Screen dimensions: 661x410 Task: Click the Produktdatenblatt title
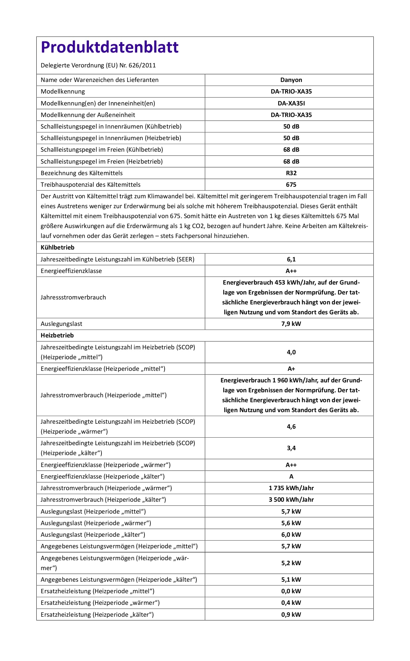click(x=109, y=47)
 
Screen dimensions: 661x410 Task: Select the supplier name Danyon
click(x=291, y=80)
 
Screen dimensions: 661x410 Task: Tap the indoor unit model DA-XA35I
click(x=291, y=103)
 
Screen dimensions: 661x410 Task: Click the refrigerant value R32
click(x=291, y=173)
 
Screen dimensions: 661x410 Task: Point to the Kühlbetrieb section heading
click(x=58, y=248)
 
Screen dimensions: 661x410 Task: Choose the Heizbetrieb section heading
click(x=57, y=335)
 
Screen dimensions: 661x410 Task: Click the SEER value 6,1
click(x=291, y=259)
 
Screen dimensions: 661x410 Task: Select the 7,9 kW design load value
click(x=291, y=324)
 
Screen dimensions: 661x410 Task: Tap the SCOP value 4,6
click(x=291, y=427)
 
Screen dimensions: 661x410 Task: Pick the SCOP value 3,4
click(x=291, y=448)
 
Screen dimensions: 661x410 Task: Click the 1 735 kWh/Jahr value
click(x=291, y=488)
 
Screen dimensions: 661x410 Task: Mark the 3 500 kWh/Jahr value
click(x=291, y=500)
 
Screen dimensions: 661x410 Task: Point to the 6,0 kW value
click(x=291, y=535)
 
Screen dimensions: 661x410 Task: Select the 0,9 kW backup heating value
click(x=291, y=615)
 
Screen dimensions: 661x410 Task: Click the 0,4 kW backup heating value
click(x=291, y=603)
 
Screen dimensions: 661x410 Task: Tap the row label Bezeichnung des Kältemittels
click(x=82, y=173)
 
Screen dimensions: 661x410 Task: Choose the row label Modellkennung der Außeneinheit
click(x=88, y=115)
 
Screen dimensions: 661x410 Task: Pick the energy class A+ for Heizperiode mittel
click(x=291, y=369)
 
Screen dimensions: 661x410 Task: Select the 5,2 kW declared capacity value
click(x=291, y=563)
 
